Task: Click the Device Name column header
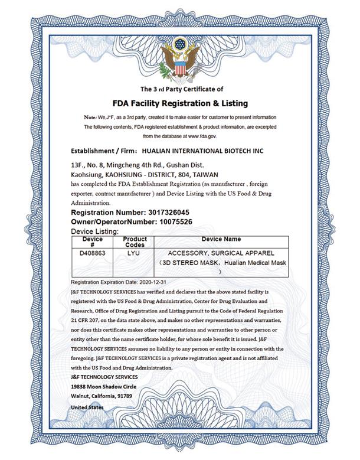pyautogui.click(x=221, y=240)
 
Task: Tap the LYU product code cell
pyautogui.click(x=134, y=252)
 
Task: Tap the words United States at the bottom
pyautogui.click(x=87, y=407)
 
